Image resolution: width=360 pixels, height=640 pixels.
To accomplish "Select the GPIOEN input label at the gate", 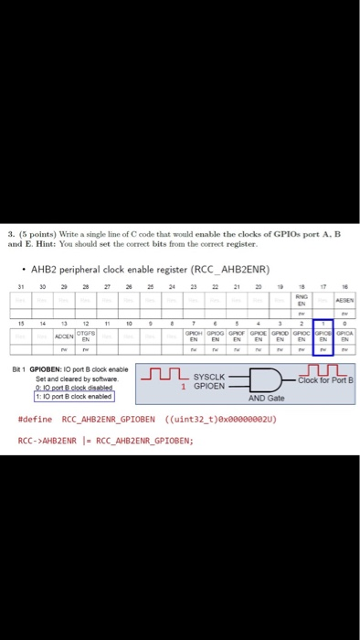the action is (x=211, y=386).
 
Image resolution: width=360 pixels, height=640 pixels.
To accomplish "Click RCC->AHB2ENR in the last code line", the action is (x=44, y=439).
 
